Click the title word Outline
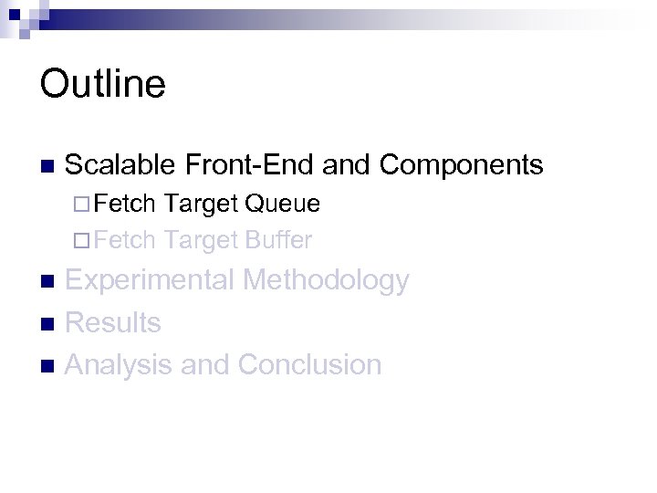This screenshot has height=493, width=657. [x=103, y=83]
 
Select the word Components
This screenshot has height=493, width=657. [x=461, y=164]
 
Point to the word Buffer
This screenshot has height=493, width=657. [x=278, y=240]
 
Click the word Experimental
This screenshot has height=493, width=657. [x=149, y=280]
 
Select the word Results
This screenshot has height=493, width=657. [x=113, y=322]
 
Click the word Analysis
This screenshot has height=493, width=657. [x=120, y=364]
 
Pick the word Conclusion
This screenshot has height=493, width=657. [x=309, y=364]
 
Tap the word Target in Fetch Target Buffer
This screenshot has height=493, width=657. [x=202, y=240]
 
